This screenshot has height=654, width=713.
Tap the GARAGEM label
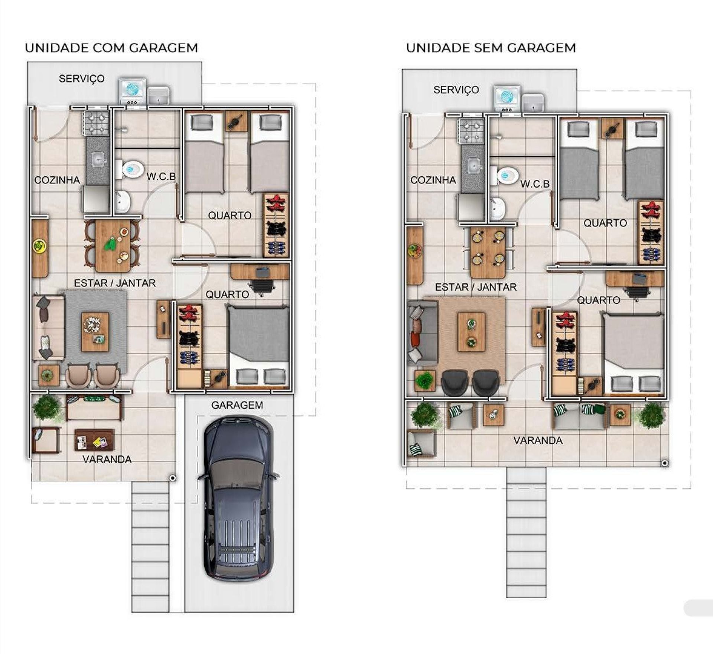click(x=237, y=405)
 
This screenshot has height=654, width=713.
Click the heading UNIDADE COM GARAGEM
click(x=111, y=48)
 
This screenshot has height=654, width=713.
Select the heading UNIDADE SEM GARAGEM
click(x=491, y=48)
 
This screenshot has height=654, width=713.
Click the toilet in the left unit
click(x=130, y=169)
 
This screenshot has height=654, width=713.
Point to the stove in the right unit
click(x=472, y=131)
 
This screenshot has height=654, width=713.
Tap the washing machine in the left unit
click(x=133, y=91)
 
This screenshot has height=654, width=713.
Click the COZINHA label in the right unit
click(x=433, y=180)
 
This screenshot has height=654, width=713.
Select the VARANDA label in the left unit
click(x=107, y=459)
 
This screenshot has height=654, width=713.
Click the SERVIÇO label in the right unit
click(x=456, y=90)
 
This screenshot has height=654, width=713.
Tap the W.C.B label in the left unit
click(x=161, y=176)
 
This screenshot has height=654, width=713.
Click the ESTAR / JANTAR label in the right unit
click(x=476, y=287)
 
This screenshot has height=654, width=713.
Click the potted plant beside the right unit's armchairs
click(x=425, y=381)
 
